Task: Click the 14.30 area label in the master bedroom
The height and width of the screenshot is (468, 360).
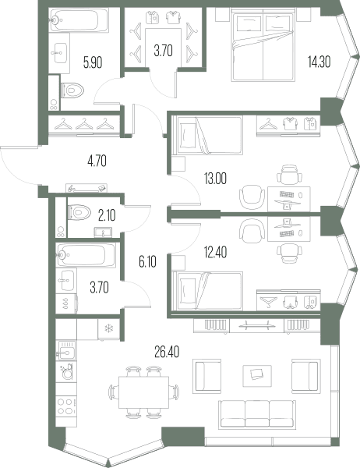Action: coord(319,62)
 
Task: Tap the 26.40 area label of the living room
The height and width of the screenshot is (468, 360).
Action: coord(167,353)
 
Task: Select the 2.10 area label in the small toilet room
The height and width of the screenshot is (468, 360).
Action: coord(107,215)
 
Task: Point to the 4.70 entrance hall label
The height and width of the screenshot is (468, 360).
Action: coord(97,161)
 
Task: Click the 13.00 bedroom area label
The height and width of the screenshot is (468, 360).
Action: coord(215,179)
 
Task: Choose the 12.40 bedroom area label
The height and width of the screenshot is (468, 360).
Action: coord(215,252)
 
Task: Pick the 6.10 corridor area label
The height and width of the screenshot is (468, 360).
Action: coord(147,262)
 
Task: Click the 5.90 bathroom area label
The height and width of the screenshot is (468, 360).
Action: coord(93,63)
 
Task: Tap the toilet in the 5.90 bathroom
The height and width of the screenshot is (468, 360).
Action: coord(72,90)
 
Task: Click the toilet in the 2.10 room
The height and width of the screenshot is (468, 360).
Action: coord(79,212)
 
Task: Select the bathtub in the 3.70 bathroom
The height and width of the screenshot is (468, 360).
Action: coord(86,255)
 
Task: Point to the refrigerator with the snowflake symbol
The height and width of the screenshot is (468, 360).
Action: coord(108,329)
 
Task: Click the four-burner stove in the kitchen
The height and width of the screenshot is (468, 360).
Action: coord(66,406)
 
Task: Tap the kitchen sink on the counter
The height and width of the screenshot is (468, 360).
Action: coord(65,351)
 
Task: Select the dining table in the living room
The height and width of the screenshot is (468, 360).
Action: coord(143,392)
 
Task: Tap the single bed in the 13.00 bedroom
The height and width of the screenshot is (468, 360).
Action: coord(209,135)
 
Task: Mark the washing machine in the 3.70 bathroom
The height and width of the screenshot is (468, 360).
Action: coord(66,303)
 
